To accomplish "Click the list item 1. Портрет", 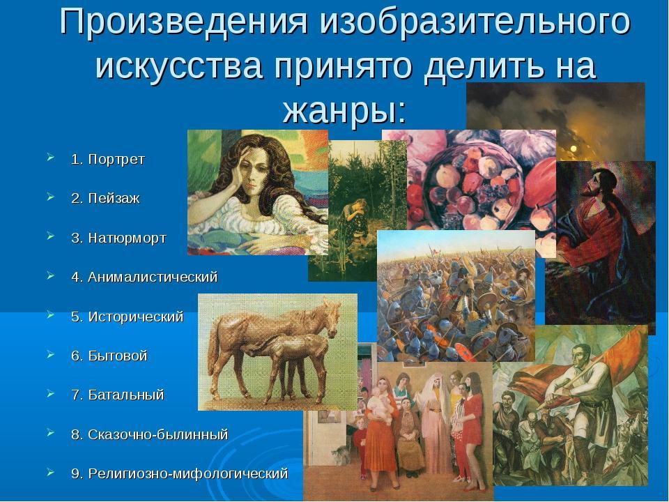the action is tap(108, 159).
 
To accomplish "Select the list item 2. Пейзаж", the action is tap(105, 199).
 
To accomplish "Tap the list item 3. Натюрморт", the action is tap(118, 238).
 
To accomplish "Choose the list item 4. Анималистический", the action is tap(144, 277).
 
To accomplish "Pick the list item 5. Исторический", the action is tap(127, 317).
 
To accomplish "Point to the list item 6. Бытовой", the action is tap(109, 356).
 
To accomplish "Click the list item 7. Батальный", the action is tap(117, 395).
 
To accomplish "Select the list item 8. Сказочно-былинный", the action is tap(149, 434).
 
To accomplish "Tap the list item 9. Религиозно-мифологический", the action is tap(179, 474).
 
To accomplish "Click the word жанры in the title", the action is tap(344, 109).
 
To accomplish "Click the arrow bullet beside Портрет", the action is tap(51, 158).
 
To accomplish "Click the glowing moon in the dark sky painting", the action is tap(574, 149).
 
